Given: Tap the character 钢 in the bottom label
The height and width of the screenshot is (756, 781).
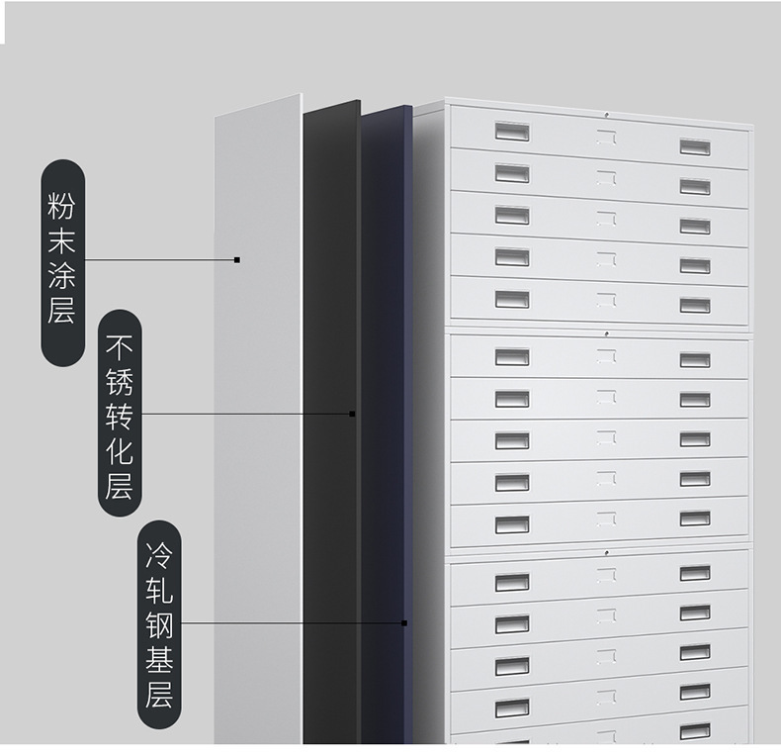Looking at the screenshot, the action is [158, 624].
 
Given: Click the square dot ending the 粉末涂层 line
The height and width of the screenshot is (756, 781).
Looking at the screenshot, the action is [237, 260].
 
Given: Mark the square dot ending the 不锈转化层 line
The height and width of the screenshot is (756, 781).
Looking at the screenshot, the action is [352, 414].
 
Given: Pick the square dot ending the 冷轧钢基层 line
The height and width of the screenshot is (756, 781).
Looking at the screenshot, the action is [404, 623].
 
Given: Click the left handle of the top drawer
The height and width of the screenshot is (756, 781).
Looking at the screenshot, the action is [512, 132].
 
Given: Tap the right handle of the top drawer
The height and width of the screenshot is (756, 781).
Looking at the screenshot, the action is [694, 146].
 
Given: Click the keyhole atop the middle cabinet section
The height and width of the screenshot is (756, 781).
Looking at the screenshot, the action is [605, 332].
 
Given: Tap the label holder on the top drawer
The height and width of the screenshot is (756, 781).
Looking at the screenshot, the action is [605, 140].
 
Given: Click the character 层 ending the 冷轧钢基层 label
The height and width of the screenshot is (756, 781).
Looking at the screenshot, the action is [158, 694].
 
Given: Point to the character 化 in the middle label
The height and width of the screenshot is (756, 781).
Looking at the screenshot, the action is [119, 450].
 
